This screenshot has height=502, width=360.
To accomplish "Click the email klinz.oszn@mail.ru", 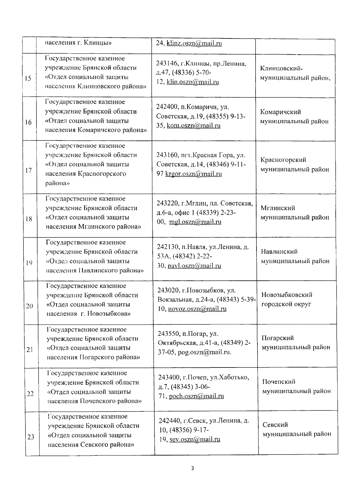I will coord(194,43).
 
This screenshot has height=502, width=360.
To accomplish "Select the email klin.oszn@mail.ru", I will coord(193,82).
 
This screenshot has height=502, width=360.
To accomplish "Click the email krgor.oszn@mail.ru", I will coord(193,174).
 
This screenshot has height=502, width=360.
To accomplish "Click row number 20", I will coord(29,306).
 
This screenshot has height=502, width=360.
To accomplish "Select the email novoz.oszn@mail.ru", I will coord(197,309).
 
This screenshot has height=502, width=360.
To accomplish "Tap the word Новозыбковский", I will coord(287,295).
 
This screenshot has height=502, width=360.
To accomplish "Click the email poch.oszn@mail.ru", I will coord(196,396).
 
